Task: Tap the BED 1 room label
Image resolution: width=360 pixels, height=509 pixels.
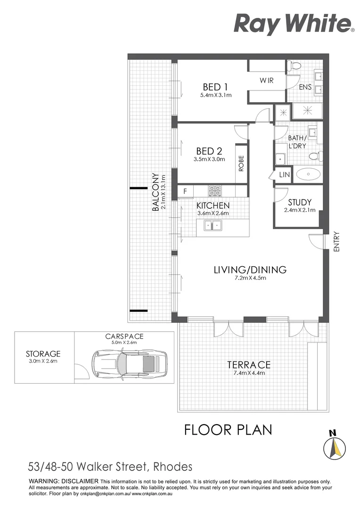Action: tap(215, 87)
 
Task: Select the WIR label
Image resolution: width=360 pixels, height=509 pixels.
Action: tap(267, 80)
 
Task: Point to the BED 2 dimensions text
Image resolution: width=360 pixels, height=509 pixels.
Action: tap(209, 159)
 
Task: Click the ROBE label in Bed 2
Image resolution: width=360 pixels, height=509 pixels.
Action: tap(241, 163)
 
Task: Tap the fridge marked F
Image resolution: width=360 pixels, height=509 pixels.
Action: tap(185, 191)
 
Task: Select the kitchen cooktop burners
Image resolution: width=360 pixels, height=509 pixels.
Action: tap(214, 191)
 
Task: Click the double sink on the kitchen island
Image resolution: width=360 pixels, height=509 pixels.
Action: tap(213, 225)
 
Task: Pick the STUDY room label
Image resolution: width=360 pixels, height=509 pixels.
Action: tap(300, 202)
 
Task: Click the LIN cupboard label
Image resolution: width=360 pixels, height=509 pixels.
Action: tap(284, 175)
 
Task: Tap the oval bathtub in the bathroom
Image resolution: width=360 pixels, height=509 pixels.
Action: tap(308, 174)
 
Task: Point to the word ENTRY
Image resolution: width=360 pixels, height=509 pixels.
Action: tap(336, 241)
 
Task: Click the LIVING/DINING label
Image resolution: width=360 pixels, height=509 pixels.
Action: tap(250, 270)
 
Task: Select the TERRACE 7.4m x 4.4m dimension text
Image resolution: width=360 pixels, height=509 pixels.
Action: tap(249, 373)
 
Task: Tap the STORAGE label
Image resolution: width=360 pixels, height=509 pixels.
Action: tap(43, 353)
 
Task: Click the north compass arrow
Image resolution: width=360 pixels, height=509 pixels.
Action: tap(335, 448)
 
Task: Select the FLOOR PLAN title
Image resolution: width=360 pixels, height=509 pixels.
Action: tap(228, 430)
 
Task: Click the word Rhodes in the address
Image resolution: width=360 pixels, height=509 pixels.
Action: tap(172, 467)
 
